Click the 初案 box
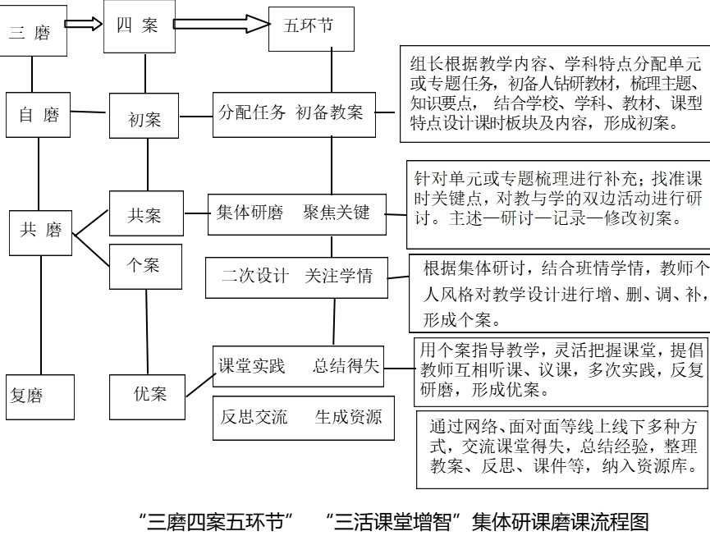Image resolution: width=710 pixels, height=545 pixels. coord(144,120)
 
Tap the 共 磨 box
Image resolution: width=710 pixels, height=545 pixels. coord(40,231)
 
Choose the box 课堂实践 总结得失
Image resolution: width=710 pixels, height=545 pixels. coord(297,367)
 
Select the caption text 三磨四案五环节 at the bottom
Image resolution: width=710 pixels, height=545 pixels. coord(217,521)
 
